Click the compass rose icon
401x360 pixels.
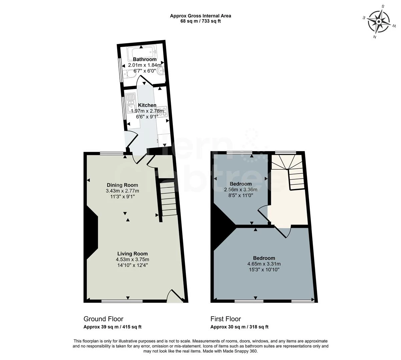click(379, 22)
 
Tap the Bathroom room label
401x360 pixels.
click(144, 59)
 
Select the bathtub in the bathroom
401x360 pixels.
click(142, 52)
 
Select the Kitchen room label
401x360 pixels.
click(147, 105)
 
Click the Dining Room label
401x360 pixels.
click(122, 185)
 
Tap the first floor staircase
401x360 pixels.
click(289, 172)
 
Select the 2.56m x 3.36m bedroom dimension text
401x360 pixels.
click(241, 190)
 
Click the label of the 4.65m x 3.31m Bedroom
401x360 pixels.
click(264, 258)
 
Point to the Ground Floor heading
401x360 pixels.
click(103, 319)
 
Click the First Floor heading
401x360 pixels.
click(226, 319)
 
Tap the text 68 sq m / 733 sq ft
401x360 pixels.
click(200, 21)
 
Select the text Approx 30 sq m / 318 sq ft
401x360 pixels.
click(239, 327)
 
